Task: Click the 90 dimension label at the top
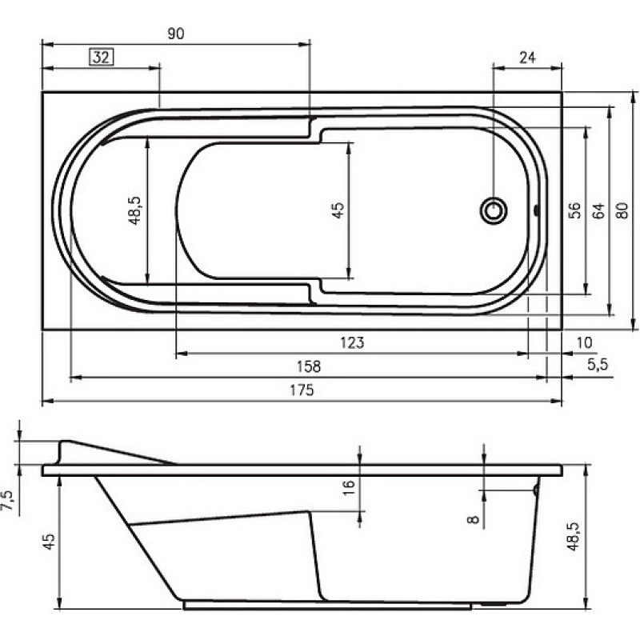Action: pos(176,34)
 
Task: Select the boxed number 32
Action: pos(102,57)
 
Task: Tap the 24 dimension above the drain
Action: pos(527,58)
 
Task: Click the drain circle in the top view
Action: pos(494,210)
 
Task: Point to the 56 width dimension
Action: pos(574,210)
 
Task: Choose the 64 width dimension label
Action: pos(598,210)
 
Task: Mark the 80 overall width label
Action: pos(622,210)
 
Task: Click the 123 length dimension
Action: pos(352,342)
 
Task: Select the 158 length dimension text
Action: pos(309,366)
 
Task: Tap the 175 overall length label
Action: pos(302,390)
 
